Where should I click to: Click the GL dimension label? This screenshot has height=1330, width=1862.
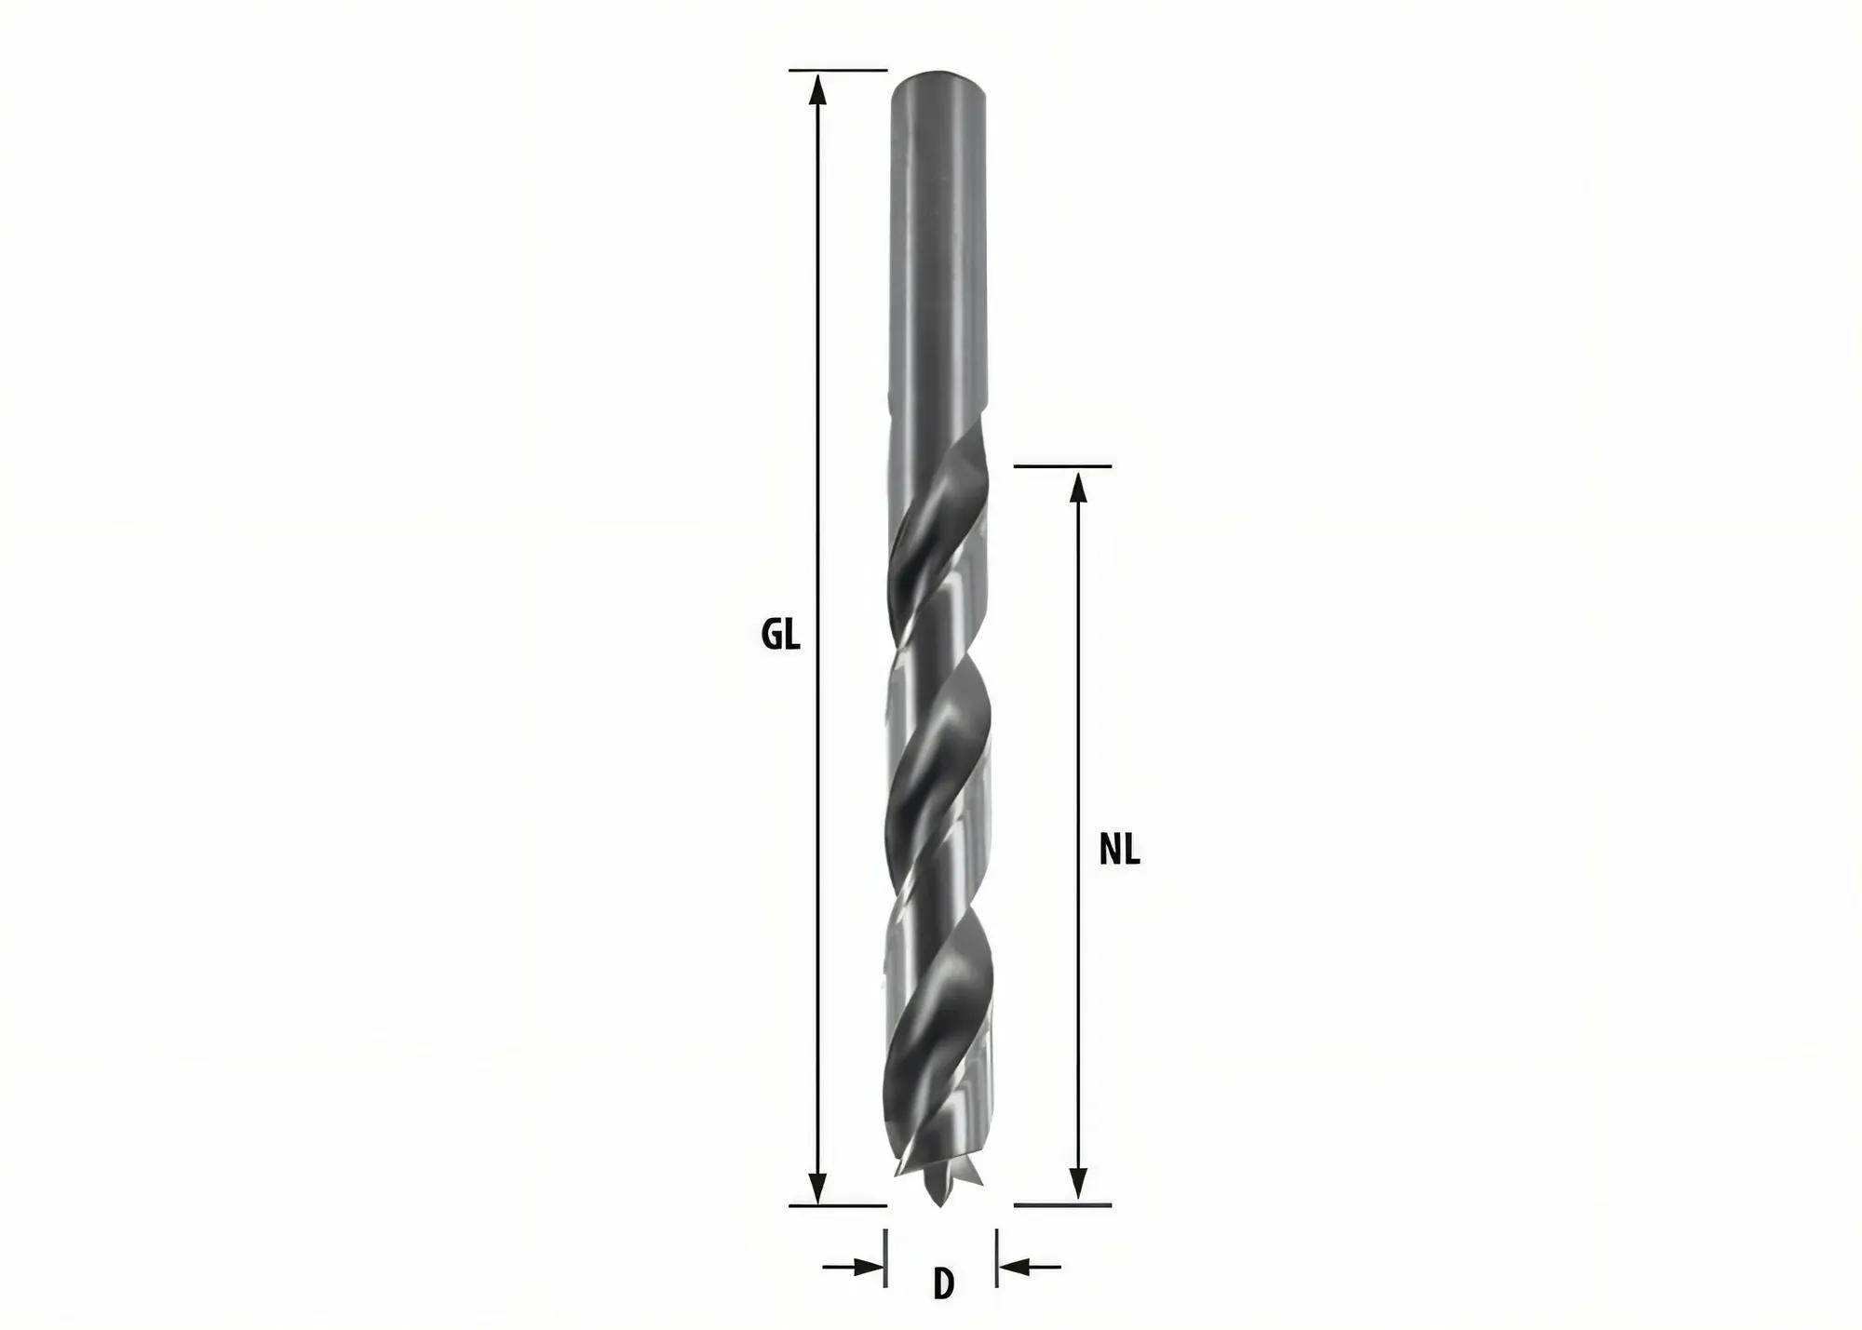click(780, 636)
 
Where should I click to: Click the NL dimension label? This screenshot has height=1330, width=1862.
click(1119, 850)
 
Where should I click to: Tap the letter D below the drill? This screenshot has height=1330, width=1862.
click(943, 1284)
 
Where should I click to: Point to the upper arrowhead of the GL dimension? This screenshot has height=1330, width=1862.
click(817, 89)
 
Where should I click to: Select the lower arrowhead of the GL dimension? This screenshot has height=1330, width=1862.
click(817, 1186)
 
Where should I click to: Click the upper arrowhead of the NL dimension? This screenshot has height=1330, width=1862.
click(1078, 486)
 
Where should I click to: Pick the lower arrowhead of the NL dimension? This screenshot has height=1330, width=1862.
click(1078, 1184)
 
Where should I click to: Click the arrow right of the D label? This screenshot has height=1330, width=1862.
click(1028, 1266)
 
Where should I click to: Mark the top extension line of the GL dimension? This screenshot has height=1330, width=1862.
click(837, 70)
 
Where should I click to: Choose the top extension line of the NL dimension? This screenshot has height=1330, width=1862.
click(1062, 465)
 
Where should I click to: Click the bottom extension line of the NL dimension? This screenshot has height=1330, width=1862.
click(1062, 1205)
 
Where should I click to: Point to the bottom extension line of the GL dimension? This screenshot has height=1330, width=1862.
click(837, 1205)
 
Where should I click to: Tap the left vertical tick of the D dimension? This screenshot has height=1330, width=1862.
click(884, 1258)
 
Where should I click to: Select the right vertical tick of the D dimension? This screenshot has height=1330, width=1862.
click(997, 1258)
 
